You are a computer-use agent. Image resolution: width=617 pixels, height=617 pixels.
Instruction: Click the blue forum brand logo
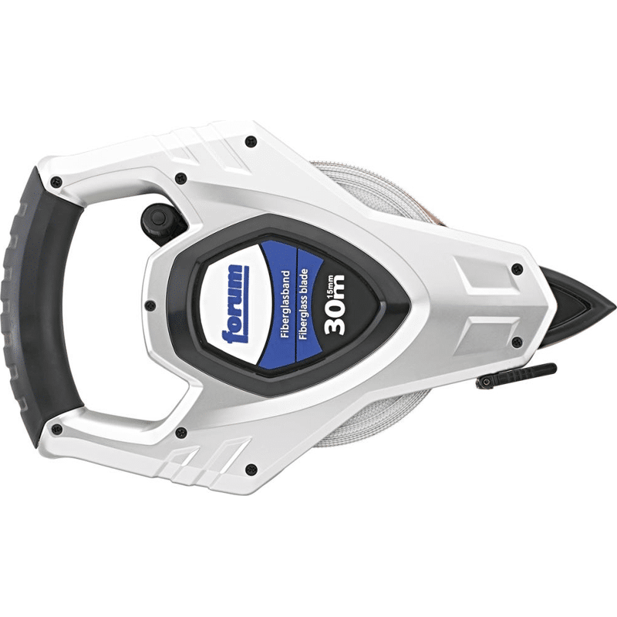click(235, 304)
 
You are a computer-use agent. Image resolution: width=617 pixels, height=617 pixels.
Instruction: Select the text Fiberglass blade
click(304, 305)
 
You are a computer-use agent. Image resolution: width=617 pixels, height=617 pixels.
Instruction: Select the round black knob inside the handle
click(157, 218)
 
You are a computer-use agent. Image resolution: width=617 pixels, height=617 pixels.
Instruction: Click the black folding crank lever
click(516, 376)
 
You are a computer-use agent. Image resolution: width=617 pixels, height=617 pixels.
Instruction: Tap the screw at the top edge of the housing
click(251, 140)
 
